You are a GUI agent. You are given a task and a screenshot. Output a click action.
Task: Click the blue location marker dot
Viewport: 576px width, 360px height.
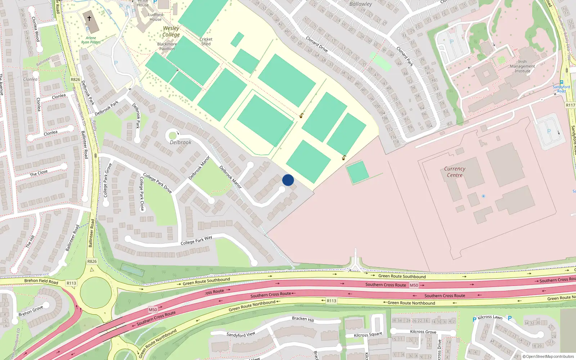click(x=288, y=180)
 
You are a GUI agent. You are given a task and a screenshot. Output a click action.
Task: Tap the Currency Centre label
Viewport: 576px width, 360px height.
click(x=455, y=172)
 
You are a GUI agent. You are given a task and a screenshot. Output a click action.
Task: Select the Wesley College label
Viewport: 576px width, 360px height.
click(x=171, y=31)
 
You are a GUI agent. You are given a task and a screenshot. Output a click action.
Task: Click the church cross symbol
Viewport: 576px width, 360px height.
click(x=89, y=18)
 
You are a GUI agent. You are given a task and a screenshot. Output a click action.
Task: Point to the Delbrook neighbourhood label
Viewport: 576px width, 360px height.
click(x=180, y=142)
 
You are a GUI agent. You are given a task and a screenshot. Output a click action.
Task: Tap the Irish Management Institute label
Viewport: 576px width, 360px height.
click(x=522, y=66)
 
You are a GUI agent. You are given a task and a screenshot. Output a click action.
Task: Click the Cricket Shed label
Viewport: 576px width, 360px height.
click(x=206, y=41)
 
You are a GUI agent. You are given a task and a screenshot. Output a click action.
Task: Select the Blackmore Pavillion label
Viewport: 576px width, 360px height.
click(x=167, y=46)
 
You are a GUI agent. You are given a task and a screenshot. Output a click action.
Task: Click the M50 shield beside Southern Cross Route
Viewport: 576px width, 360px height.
click(x=414, y=285)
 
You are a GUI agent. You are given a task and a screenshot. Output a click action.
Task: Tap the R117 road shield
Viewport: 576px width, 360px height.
click(x=570, y=105)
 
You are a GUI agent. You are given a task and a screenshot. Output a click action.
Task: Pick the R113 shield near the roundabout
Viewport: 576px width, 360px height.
click(x=71, y=283)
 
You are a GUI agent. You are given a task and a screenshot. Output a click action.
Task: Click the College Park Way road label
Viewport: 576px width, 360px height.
click(x=196, y=240)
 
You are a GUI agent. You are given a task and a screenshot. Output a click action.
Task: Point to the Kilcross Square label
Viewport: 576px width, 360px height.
click(x=368, y=335)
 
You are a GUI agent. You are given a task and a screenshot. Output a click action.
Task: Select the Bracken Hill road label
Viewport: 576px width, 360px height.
click(x=303, y=319)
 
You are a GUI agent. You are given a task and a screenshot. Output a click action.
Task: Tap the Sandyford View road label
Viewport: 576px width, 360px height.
click(x=240, y=334)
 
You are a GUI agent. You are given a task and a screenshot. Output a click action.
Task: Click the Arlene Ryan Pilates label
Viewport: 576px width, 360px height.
click(x=91, y=40)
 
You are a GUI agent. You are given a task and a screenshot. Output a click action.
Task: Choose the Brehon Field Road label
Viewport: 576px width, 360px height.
click(x=41, y=281)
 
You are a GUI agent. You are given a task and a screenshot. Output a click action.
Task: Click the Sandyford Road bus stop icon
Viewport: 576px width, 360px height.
click(x=562, y=82)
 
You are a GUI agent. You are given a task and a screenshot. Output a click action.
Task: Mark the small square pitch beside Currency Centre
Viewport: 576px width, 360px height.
click(x=357, y=172)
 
